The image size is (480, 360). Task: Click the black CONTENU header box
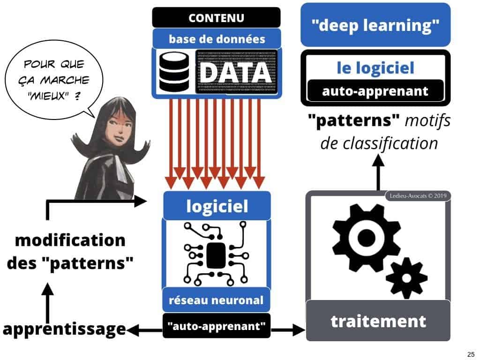(x=216, y=18)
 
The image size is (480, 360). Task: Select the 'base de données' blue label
(x=216, y=39)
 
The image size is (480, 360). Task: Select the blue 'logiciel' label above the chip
(x=217, y=206)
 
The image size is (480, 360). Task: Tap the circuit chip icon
(x=216, y=253)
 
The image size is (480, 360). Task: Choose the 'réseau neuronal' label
(x=217, y=300)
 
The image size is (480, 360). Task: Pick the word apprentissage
(x=64, y=329)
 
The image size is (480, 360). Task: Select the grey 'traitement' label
(x=378, y=322)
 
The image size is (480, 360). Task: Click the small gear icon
(x=405, y=278)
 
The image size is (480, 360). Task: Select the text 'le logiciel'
(x=375, y=68)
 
